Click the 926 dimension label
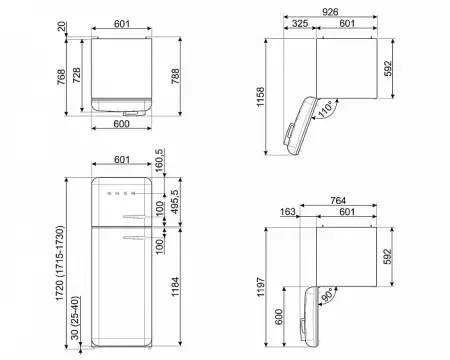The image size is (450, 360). coord(330,12)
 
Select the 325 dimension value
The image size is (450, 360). coord(300,23)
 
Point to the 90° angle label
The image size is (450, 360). coord(327,294)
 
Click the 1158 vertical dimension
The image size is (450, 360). coord(260,97)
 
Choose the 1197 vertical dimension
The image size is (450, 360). coord(260,287)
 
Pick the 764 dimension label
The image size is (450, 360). coord(338,201)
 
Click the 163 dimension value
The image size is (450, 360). coord(287,212)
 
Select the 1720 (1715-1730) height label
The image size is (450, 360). coord(60,263)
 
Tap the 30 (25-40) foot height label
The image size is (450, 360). coord(75,318)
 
